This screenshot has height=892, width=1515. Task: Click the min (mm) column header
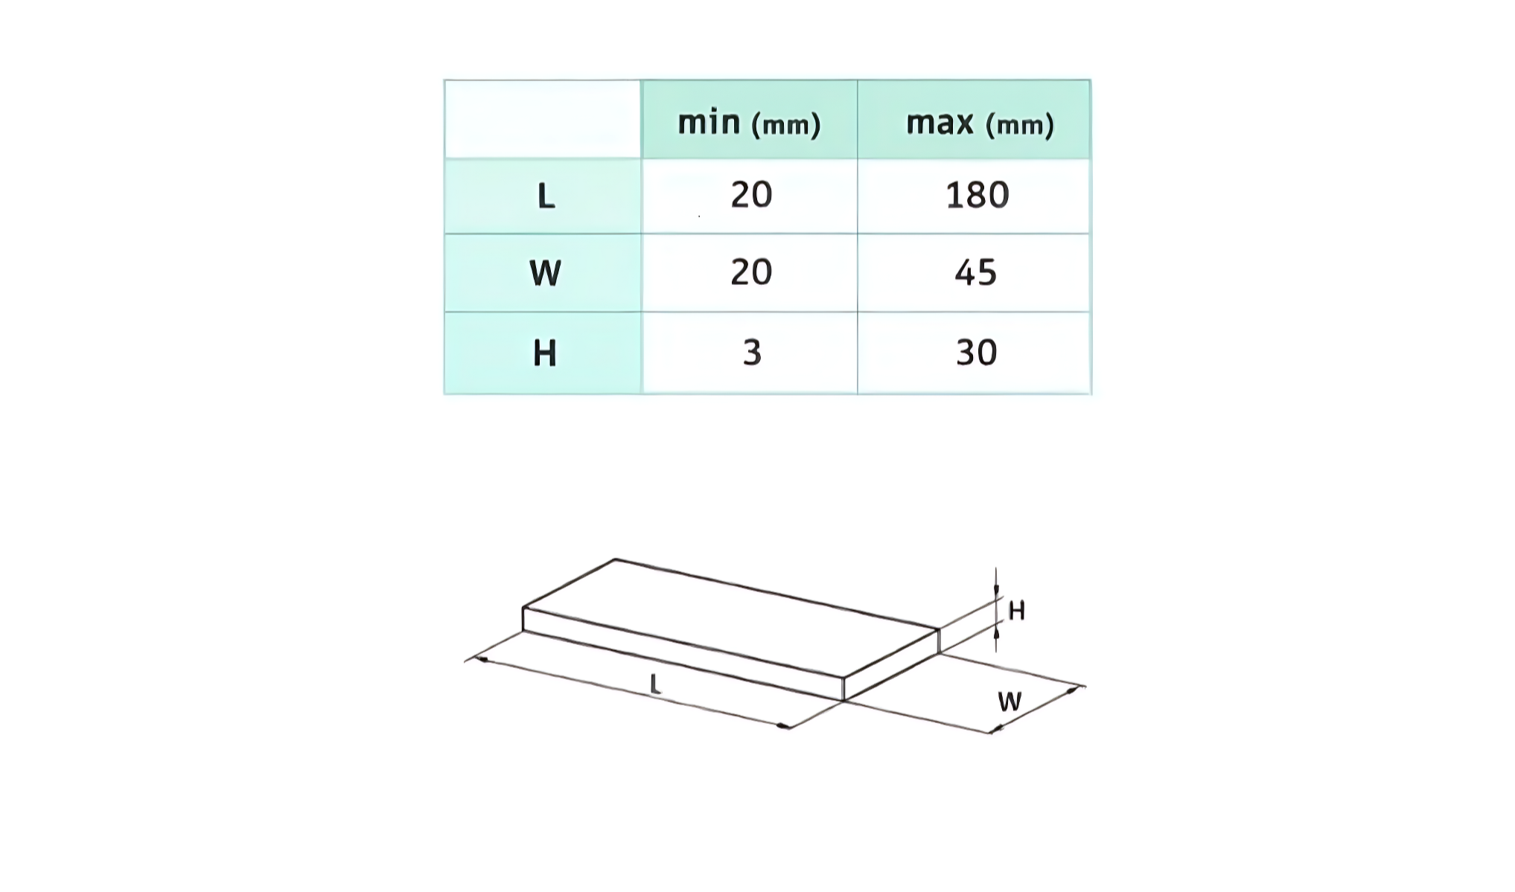(749, 123)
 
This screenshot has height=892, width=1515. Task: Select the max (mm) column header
(980, 123)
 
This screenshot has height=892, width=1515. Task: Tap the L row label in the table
(546, 196)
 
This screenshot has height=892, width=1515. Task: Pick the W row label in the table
(545, 273)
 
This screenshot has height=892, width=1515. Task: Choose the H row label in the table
(545, 353)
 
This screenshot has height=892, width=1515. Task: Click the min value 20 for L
(751, 195)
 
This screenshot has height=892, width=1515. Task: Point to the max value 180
(977, 196)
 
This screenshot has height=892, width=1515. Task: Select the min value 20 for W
(751, 272)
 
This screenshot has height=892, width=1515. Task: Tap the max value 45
(975, 273)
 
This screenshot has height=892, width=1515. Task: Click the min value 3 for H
(752, 353)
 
